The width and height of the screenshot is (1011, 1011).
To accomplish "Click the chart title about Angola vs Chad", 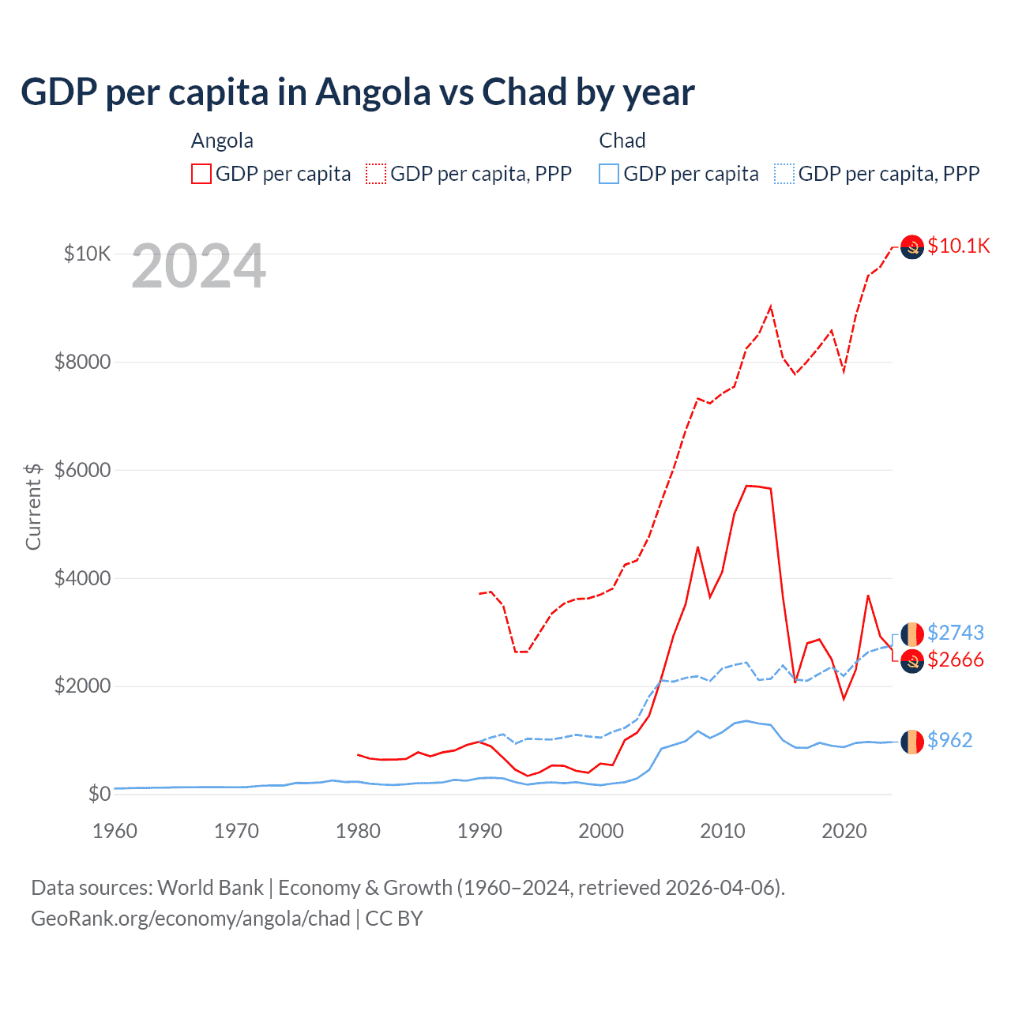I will (357, 92).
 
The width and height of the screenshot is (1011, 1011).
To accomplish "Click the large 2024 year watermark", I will (198, 266).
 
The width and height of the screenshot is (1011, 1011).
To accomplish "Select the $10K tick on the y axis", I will (87, 254).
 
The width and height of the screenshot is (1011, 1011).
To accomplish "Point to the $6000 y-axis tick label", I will (82, 470).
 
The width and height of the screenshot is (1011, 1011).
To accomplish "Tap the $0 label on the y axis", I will (99, 794).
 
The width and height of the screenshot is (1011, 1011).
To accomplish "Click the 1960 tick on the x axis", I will (115, 831).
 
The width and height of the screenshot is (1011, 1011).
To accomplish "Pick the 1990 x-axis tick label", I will (479, 831).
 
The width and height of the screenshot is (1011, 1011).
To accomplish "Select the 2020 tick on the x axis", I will (844, 831).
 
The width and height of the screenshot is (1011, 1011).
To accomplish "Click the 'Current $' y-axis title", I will (33, 506).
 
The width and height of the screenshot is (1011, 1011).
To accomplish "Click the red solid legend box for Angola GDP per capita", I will (201, 174).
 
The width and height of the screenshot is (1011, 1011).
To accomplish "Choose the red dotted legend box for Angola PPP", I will (376, 174).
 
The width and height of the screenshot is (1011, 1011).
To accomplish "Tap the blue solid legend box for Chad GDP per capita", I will (609, 174).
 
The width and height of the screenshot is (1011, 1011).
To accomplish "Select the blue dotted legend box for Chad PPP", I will (784, 174).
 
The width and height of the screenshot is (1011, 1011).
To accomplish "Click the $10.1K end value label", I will (958, 246).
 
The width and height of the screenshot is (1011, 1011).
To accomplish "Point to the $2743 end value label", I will (955, 633).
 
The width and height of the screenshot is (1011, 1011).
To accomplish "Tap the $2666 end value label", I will (955, 660).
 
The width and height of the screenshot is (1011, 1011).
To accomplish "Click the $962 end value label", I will (949, 740).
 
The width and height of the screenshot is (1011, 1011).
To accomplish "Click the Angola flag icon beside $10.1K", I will (912, 247).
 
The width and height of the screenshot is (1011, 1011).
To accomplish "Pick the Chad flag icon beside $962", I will (912, 742).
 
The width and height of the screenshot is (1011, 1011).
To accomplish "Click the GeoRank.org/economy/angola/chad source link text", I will (190, 919).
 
